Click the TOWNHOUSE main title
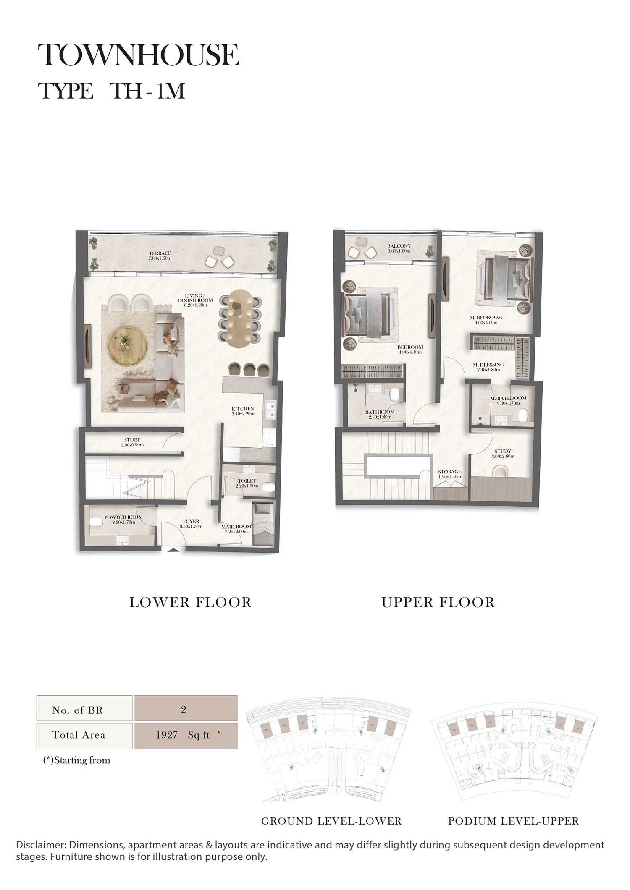tap(139, 55)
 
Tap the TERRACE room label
tap(160, 253)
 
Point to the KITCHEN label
tap(243, 409)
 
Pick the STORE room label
tap(132, 440)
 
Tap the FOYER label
tap(191, 522)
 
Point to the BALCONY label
tap(399, 246)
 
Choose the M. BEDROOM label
tap(486, 318)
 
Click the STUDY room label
tap(503, 451)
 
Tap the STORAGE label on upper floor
tap(449, 472)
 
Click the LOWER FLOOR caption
tap(190, 602)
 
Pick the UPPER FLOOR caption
tap(438, 602)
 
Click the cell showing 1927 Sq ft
tap(186, 735)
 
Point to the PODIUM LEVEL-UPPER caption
tap(513, 821)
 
